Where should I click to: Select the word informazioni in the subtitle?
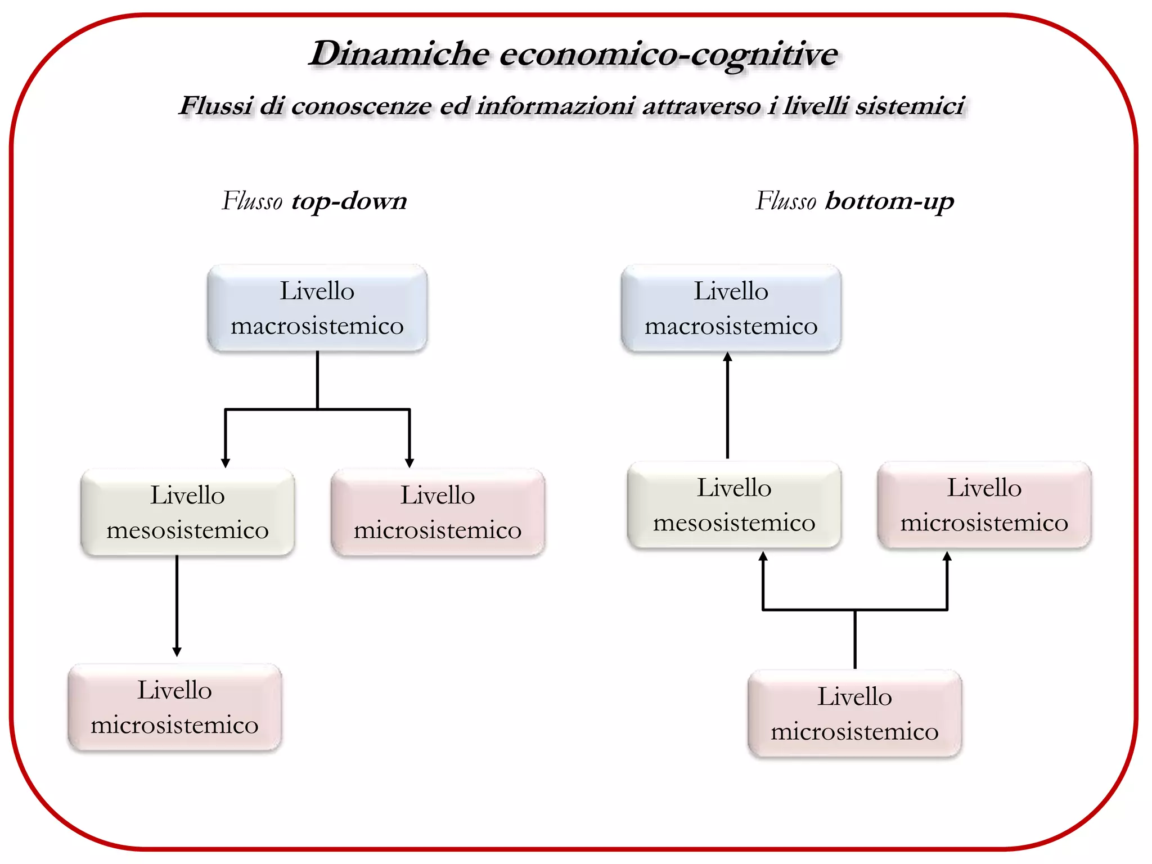[x=555, y=106]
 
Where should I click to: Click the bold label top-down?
[x=349, y=201]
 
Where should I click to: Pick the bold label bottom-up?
[x=889, y=201]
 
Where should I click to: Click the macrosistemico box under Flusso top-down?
[x=317, y=308]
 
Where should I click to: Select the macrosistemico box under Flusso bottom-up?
[x=731, y=308]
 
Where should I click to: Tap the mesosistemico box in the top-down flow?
[x=187, y=512]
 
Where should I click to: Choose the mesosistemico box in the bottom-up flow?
[x=734, y=505]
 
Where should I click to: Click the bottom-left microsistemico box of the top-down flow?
[x=174, y=708]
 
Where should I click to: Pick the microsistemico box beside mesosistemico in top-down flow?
[x=438, y=512]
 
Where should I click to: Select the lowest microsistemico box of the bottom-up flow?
[x=854, y=714]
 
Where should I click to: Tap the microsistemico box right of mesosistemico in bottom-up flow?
[x=984, y=505]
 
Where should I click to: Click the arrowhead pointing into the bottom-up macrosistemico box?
[x=727, y=357]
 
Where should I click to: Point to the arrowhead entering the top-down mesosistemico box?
[x=226, y=463]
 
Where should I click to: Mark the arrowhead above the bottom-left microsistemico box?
[x=177, y=652]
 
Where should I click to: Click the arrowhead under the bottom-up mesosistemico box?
[x=763, y=556]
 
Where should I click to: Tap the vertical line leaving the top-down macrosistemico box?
[x=317, y=380]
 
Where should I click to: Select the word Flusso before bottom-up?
[x=785, y=201]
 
